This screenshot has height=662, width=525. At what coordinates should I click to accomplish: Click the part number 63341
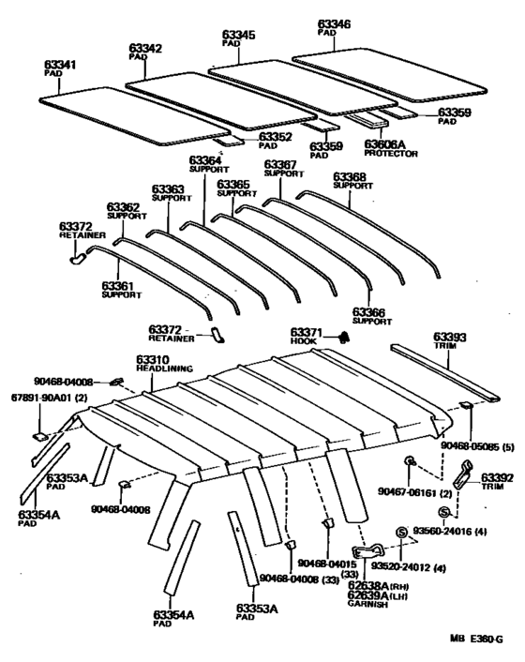pyautogui.click(x=59, y=64)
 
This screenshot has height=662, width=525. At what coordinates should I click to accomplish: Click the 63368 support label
pyautogui.click(x=350, y=175)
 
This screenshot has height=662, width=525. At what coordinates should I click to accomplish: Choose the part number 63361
pyautogui.click(x=118, y=285)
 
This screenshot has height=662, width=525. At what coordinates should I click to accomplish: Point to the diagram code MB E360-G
pyautogui.click(x=475, y=639)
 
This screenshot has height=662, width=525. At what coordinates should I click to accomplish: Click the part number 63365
pyautogui.click(x=233, y=184)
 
